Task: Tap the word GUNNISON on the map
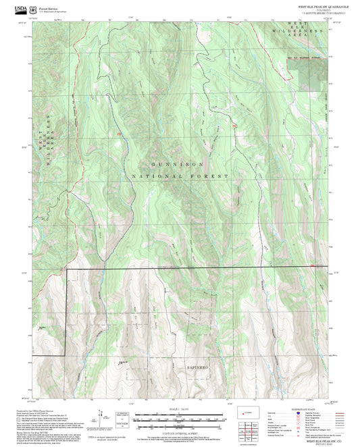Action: (x=177, y=164)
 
